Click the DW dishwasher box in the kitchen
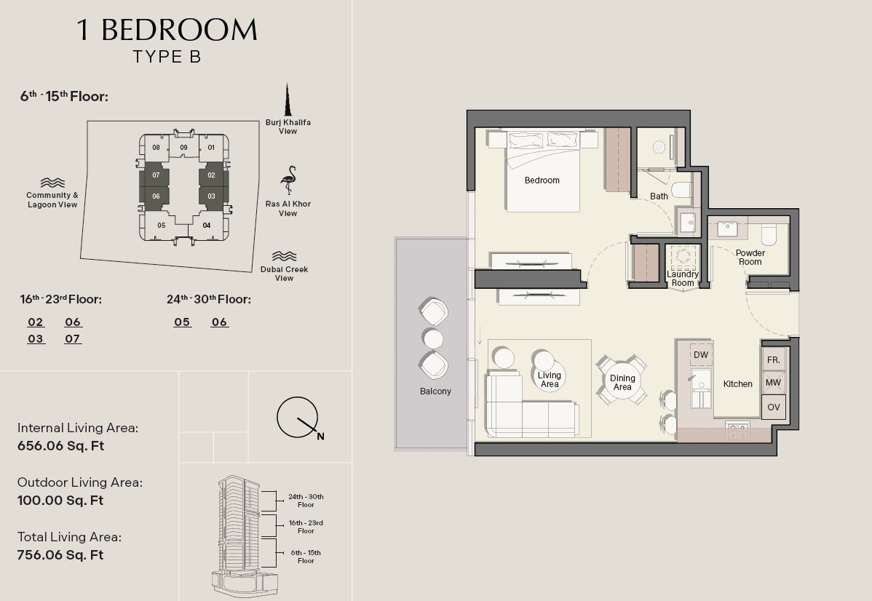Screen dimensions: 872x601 [x=701, y=355]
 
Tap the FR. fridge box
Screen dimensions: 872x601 [x=774, y=359]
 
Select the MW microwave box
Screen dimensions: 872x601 [x=774, y=383]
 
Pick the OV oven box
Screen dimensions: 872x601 [x=774, y=407]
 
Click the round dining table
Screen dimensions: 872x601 [x=622, y=382]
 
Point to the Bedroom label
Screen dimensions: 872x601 [x=542, y=180]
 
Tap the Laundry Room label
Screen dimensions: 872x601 [x=683, y=279]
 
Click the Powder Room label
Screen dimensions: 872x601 [x=750, y=258]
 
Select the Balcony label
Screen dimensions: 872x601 [x=435, y=391]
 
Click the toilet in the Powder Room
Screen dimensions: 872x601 [x=769, y=235]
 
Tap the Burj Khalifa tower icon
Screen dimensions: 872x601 [x=288, y=100]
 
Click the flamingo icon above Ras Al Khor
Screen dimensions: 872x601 [x=289, y=180]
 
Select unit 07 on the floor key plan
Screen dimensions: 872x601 [x=156, y=175]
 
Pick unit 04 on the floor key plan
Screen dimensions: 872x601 [x=206, y=225]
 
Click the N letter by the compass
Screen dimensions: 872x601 [x=320, y=437]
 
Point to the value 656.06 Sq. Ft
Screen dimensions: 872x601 [x=60, y=446]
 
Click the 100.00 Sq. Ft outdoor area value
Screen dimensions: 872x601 [x=60, y=501]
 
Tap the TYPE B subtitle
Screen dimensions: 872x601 [x=167, y=57]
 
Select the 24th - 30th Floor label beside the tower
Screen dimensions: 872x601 [x=306, y=501]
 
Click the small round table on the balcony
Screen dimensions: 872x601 [x=432, y=338]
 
